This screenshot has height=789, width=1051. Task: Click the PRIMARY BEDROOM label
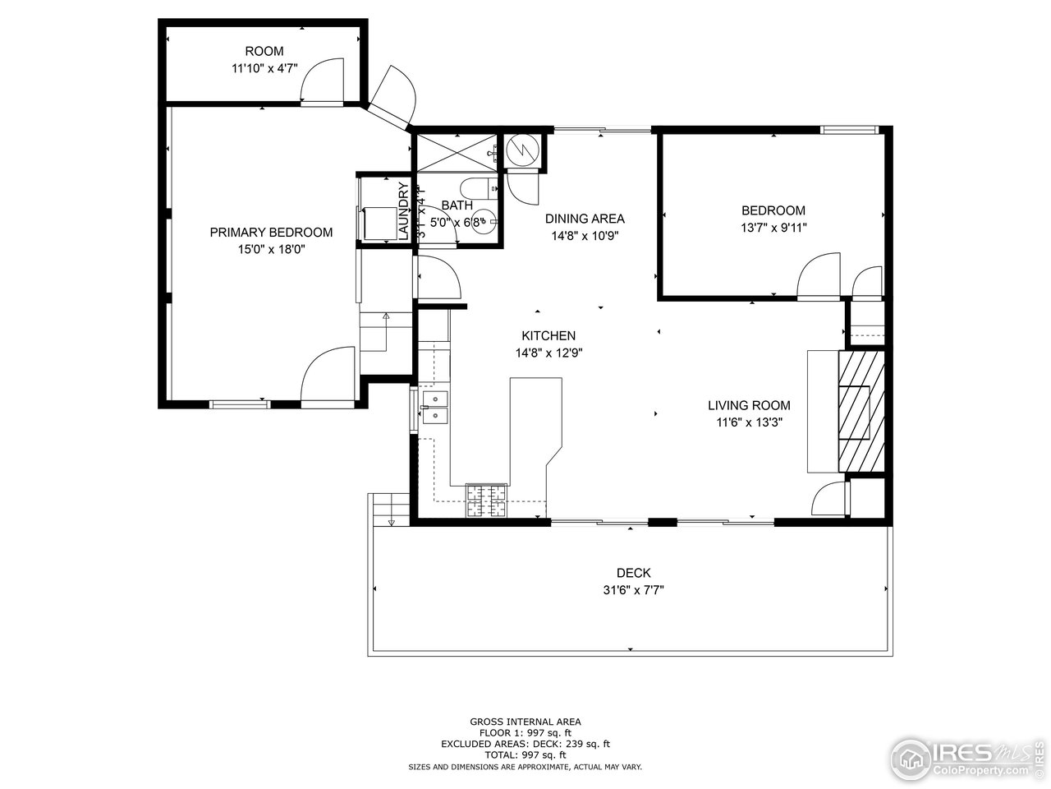[x=271, y=233]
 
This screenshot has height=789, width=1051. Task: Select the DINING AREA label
[x=585, y=219]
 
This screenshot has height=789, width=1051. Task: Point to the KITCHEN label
[x=548, y=335]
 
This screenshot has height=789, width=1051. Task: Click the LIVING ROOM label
[x=749, y=405]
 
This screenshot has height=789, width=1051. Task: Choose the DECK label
[x=633, y=573]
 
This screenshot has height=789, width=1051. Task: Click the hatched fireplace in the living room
[x=861, y=411]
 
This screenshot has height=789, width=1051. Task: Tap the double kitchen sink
[x=434, y=408]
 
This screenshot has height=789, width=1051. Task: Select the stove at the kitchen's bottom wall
[x=487, y=501]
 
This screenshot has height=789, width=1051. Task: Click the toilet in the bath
[x=477, y=188]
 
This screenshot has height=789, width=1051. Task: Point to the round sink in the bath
[x=486, y=221]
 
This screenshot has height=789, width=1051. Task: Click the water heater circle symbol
[x=521, y=149]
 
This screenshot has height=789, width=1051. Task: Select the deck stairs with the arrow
[x=390, y=510]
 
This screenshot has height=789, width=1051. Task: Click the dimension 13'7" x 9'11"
[x=773, y=228]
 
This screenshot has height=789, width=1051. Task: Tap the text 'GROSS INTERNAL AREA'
[x=525, y=722]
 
